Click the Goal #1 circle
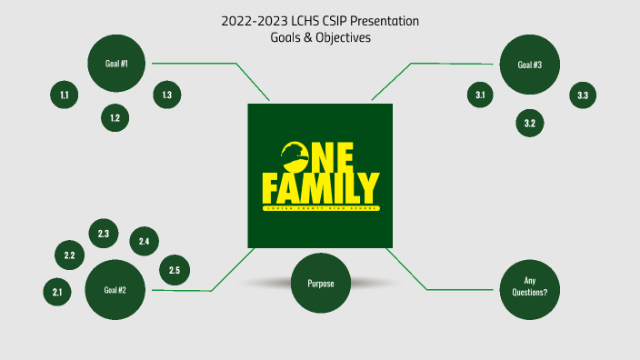point(115,63)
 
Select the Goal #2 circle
point(115,290)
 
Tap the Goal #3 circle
point(530,65)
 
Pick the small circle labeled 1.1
point(65,95)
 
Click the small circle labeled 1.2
point(115,118)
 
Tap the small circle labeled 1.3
point(167,95)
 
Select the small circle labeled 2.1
point(57,292)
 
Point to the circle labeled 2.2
point(69,255)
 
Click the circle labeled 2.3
point(104,234)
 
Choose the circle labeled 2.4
point(144,241)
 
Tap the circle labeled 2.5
point(175,270)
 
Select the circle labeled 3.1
point(481,95)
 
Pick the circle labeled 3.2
point(530,123)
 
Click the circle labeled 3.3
point(583,95)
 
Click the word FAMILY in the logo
point(320,187)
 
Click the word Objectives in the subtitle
point(343,37)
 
